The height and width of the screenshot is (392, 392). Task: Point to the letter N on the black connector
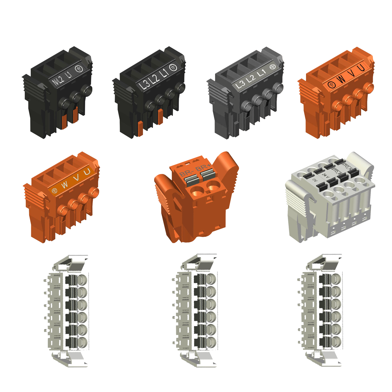55,82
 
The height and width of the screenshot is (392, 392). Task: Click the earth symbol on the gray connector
272,67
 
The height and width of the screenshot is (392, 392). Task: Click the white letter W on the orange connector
65,185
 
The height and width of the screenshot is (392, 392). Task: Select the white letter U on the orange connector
87,172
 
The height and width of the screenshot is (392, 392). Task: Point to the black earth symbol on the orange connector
331,85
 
